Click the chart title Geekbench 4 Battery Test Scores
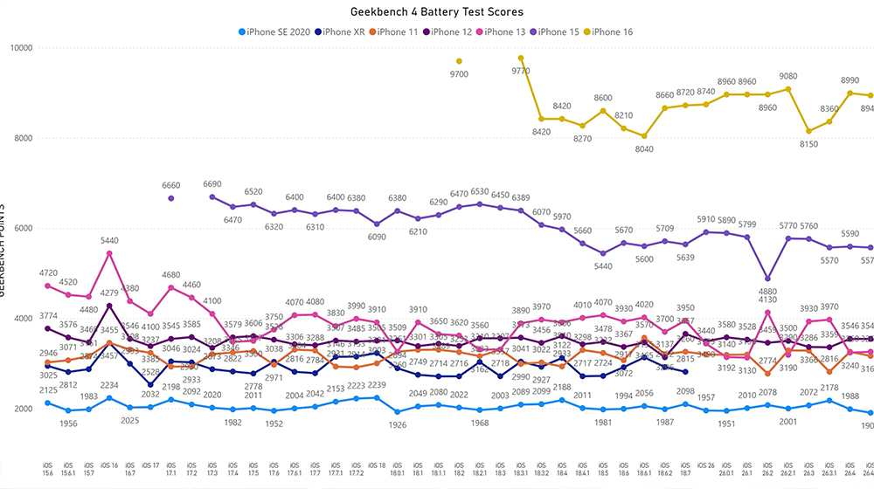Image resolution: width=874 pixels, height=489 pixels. [436, 12]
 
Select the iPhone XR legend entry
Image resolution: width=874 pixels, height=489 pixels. [342, 32]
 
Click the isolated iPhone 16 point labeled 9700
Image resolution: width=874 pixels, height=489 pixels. [459, 61]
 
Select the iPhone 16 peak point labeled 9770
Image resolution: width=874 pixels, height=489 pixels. [520, 59]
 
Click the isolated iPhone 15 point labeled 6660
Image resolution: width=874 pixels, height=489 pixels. [171, 198]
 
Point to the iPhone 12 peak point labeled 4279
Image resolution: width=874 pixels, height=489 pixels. [109, 306]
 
